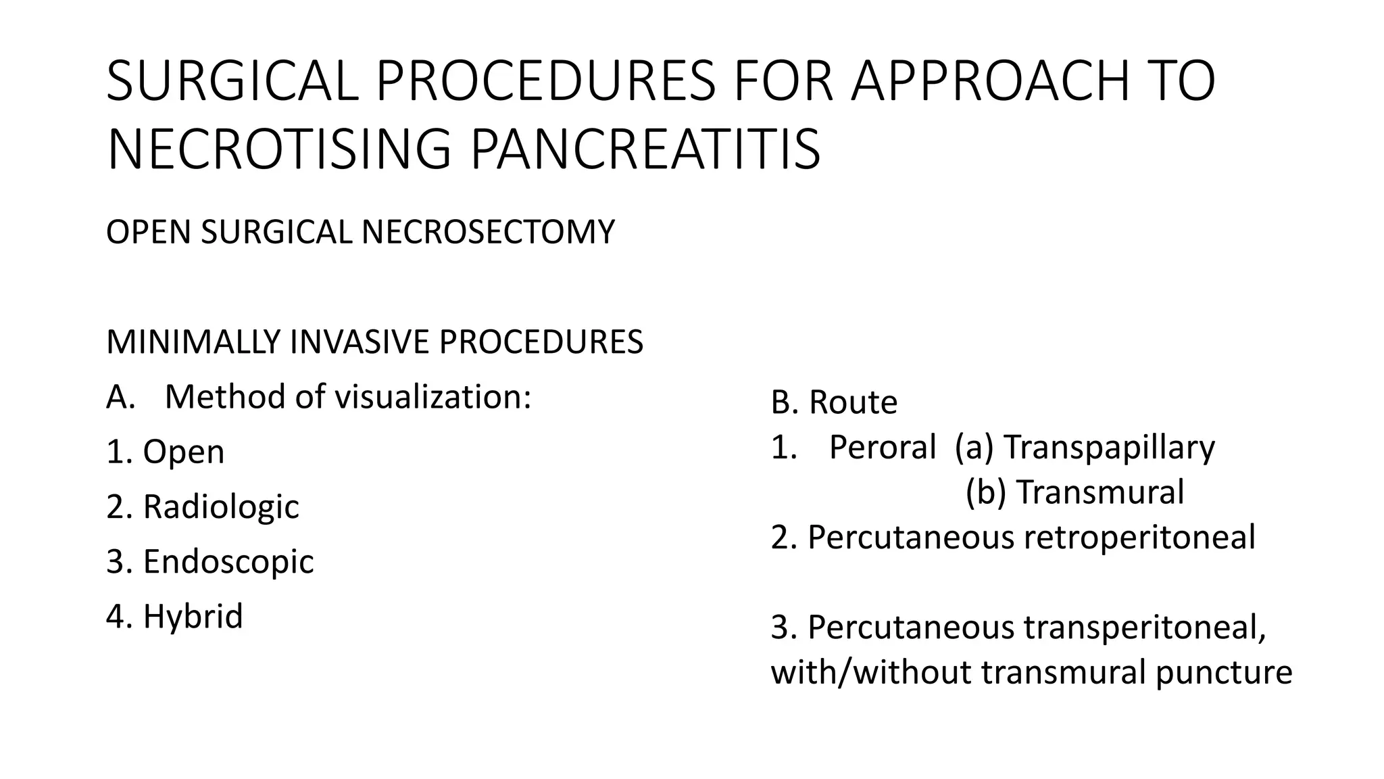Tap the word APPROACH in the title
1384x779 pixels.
(x=990, y=82)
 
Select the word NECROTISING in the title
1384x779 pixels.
(x=278, y=149)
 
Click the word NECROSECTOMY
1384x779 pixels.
(x=488, y=232)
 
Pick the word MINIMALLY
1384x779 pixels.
(x=193, y=342)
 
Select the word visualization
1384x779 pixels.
(x=433, y=397)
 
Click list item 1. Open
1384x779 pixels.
(x=166, y=452)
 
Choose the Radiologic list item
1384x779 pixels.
(x=203, y=506)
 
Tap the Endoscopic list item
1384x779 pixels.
(x=210, y=561)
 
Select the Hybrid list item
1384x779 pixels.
(x=174, y=616)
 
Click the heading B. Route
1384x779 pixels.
(x=834, y=402)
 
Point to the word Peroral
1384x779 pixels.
(x=882, y=447)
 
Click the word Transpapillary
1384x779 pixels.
(x=1109, y=447)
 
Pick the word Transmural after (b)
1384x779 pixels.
(x=1100, y=492)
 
